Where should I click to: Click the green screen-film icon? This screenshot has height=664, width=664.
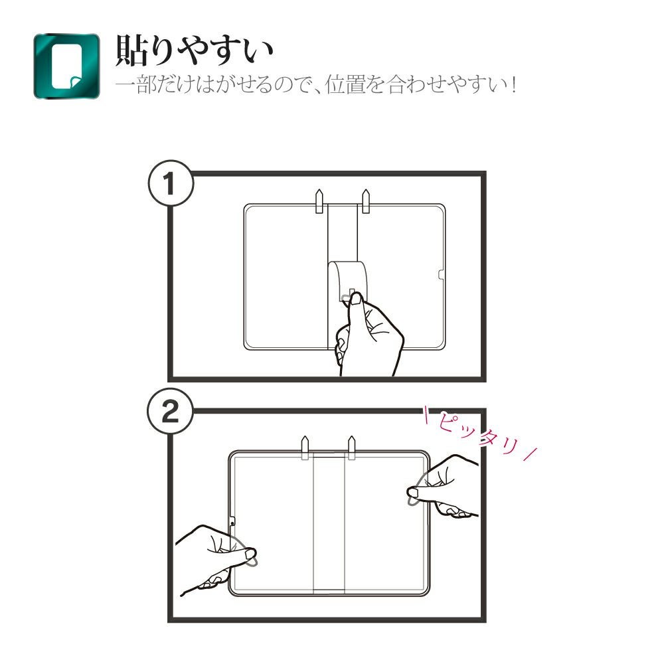67,66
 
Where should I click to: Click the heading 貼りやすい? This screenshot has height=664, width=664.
195,51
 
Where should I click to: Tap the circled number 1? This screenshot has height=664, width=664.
171,183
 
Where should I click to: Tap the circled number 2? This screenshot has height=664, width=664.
170,411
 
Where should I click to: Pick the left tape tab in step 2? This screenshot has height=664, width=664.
305,447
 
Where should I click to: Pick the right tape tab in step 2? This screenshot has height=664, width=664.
351,447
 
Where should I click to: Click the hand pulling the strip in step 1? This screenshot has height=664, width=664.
368,335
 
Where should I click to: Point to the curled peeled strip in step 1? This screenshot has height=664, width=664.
347,280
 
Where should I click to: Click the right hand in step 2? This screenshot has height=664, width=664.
445,487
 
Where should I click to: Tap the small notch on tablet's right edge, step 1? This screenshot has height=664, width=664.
442,275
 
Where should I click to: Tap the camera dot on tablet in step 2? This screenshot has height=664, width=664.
232,524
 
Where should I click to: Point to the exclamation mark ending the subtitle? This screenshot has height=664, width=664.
513,85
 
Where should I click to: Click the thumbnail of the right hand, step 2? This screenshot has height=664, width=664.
412,493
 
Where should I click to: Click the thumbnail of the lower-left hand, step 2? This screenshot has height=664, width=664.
250,553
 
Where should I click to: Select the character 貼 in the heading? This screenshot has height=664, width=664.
130,51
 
